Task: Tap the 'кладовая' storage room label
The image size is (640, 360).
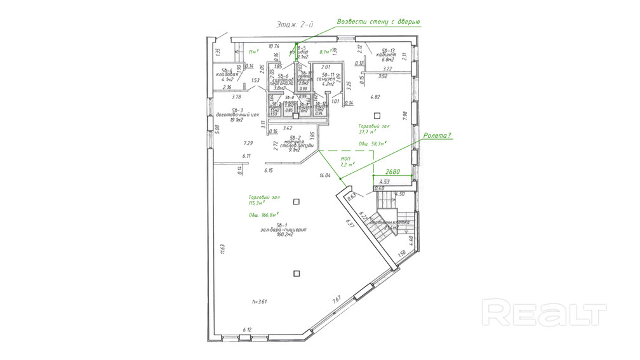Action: coord(227,75)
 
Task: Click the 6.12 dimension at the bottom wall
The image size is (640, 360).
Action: coord(248,330)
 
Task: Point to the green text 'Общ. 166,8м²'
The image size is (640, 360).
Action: coord(267,216)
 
